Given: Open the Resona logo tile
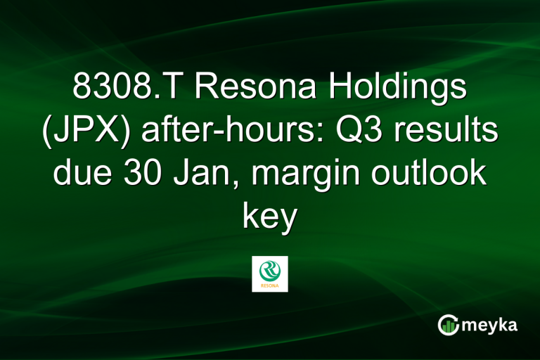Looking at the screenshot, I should point(270,274).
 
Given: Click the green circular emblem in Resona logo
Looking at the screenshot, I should point(270,270).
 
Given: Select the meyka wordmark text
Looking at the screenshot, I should point(489,325).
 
